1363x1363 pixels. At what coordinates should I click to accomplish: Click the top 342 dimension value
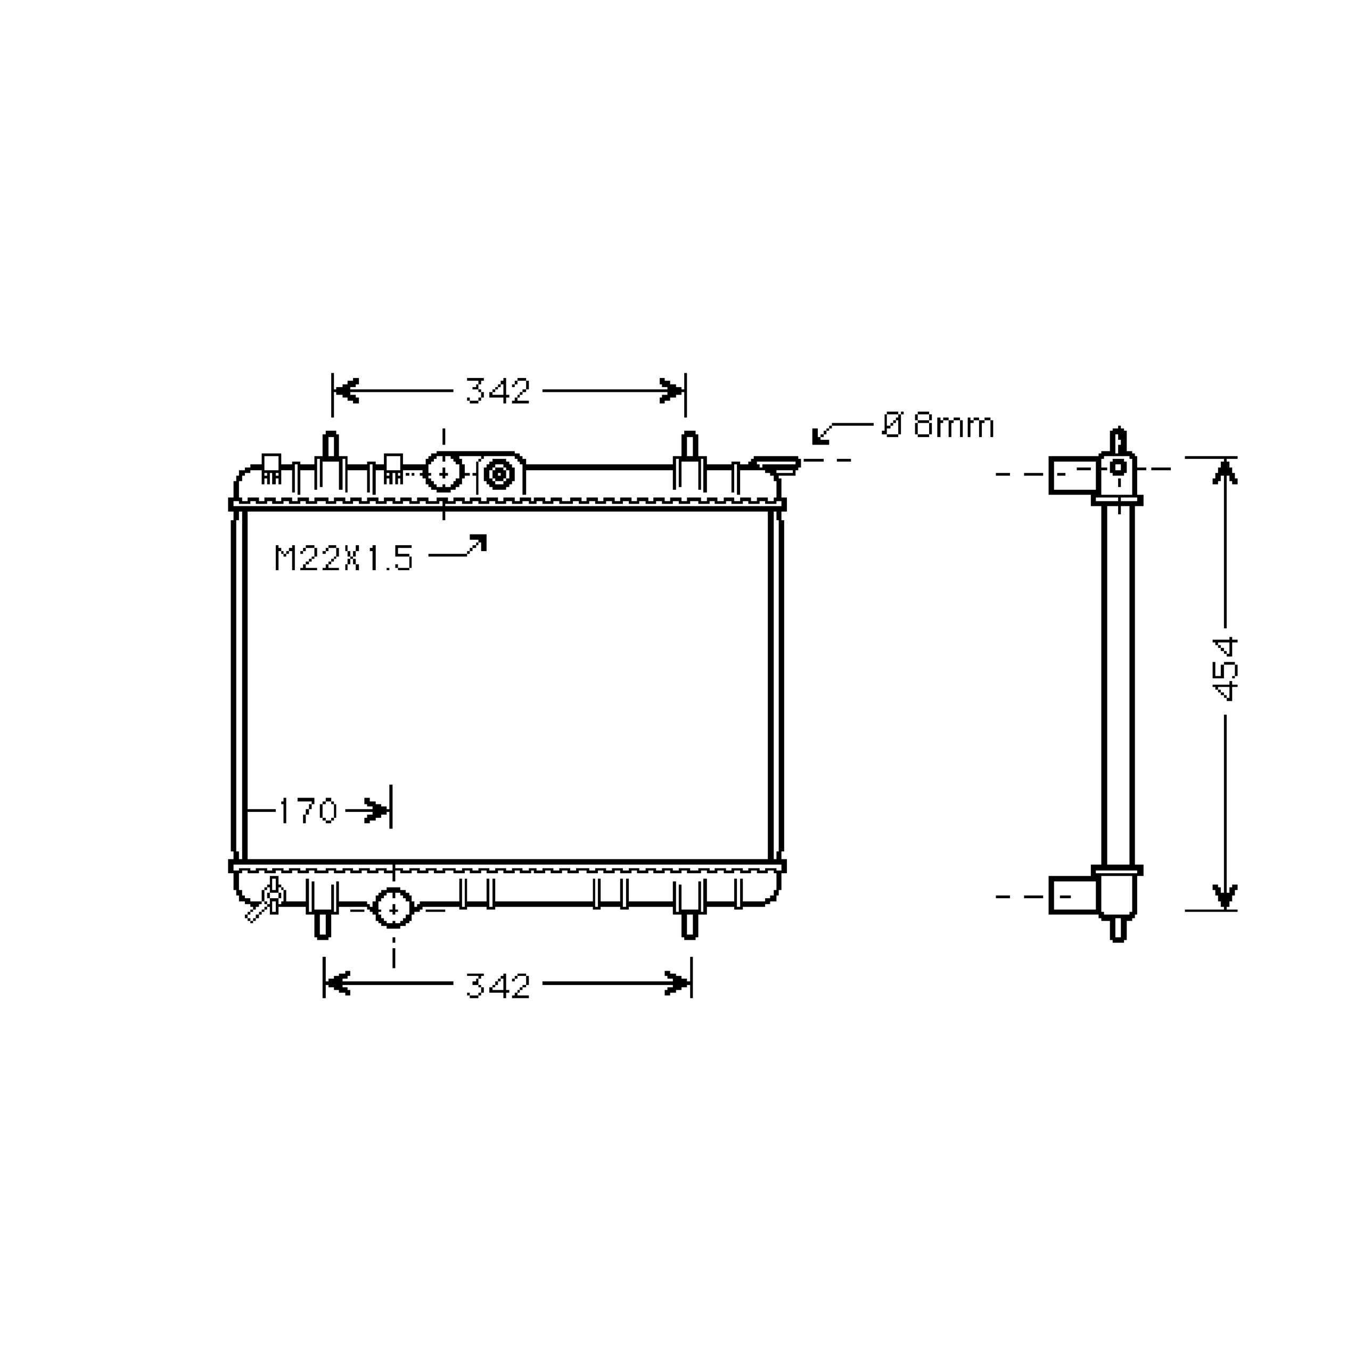point(497,391)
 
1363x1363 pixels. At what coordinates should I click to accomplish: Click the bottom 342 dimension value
point(497,986)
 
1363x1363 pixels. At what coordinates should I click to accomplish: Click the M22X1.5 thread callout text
point(343,558)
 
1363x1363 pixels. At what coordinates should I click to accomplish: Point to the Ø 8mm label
point(938,425)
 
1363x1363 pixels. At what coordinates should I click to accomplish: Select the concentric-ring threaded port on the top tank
point(499,473)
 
